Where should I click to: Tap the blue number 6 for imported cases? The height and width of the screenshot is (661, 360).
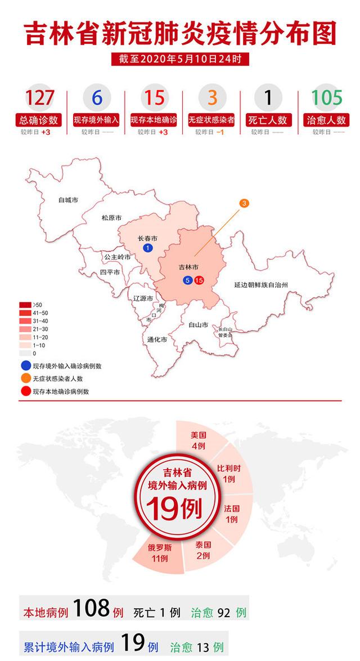(x=97, y=97)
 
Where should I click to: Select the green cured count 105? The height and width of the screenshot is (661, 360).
(x=326, y=97)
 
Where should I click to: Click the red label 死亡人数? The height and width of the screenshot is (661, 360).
(x=268, y=120)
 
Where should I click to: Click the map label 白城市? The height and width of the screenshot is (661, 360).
(x=68, y=200)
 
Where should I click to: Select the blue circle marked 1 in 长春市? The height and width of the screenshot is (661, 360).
(x=147, y=248)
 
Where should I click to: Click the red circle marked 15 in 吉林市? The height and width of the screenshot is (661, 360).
(x=199, y=280)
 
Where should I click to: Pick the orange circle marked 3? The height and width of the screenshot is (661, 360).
(x=244, y=203)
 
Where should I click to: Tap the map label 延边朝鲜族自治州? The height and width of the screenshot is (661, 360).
(x=261, y=285)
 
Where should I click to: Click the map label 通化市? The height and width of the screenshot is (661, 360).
(x=156, y=340)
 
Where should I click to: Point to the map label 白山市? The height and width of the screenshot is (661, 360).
(x=199, y=325)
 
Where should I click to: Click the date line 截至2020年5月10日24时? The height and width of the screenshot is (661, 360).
(x=180, y=59)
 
